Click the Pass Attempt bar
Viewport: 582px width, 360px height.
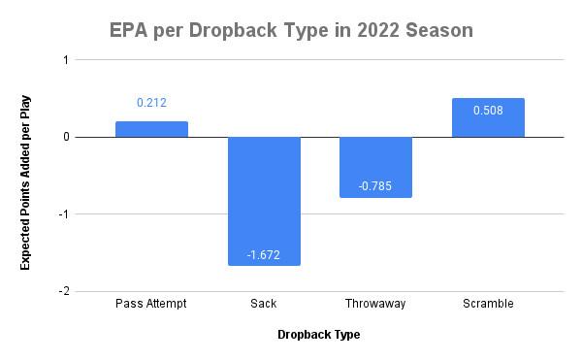click(x=152, y=129)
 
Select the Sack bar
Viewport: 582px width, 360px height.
click(x=264, y=201)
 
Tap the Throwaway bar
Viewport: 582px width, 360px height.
click(x=376, y=167)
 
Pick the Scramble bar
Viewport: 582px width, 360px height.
click(x=489, y=117)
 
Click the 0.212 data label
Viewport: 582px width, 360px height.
click(x=152, y=103)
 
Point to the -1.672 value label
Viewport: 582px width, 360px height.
click(x=264, y=255)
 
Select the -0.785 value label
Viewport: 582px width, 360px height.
click(x=375, y=186)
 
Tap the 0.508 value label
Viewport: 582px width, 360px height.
click(x=488, y=111)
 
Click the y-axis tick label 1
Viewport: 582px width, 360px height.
click(x=66, y=60)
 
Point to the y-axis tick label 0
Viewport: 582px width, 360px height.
click(x=66, y=137)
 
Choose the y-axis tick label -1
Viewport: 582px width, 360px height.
click(x=64, y=214)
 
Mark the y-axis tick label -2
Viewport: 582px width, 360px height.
click(x=64, y=291)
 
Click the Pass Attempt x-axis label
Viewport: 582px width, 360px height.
click(x=151, y=304)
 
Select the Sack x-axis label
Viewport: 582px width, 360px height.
click(x=264, y=304)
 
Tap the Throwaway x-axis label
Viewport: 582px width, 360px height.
click(x=375, y=304)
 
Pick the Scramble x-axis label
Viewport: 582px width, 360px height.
click(x=488, y=304)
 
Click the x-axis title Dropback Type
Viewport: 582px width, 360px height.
click(x=319, y=335)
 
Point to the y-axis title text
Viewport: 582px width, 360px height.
click(x=25, y=182)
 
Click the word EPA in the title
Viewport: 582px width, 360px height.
click(x=128, y=30)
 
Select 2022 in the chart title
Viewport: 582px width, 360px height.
click(x=378, y=30)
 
